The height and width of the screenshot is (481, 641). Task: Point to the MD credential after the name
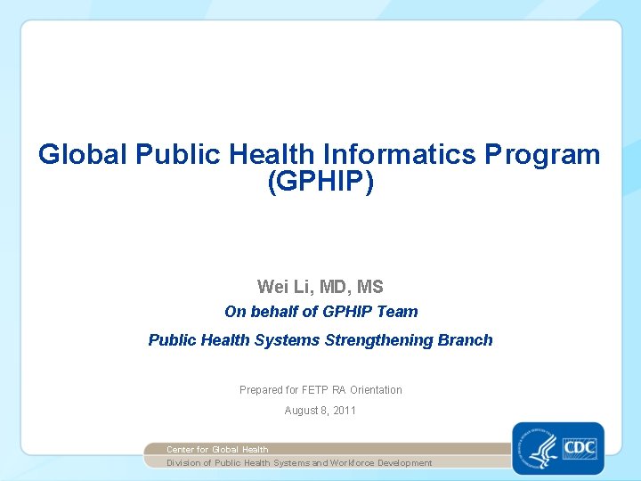331,287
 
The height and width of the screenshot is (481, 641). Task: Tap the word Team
398,312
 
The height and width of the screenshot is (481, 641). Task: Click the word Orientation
376,390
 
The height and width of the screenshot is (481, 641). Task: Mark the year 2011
344,411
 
